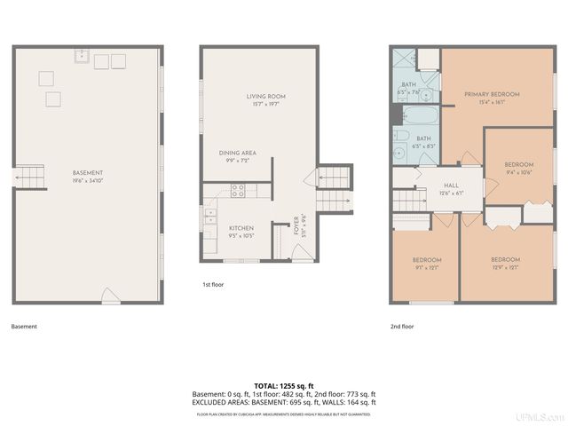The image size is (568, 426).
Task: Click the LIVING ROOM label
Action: pos(265,96)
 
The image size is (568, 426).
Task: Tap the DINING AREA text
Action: pos(237,153)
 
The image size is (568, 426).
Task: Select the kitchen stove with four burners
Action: pos(238,189)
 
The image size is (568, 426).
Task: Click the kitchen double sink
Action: pos(210,215)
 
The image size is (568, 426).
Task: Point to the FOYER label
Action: pos(297,225)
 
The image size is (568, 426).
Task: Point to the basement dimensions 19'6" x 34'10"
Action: pos(89,180)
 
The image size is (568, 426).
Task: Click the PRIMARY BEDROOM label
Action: pos(492,94)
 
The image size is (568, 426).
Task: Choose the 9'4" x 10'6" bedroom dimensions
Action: pos(519,172)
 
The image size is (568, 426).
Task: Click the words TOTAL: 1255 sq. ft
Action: pos(284,385)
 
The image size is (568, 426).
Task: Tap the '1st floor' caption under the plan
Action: pos(214,286)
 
